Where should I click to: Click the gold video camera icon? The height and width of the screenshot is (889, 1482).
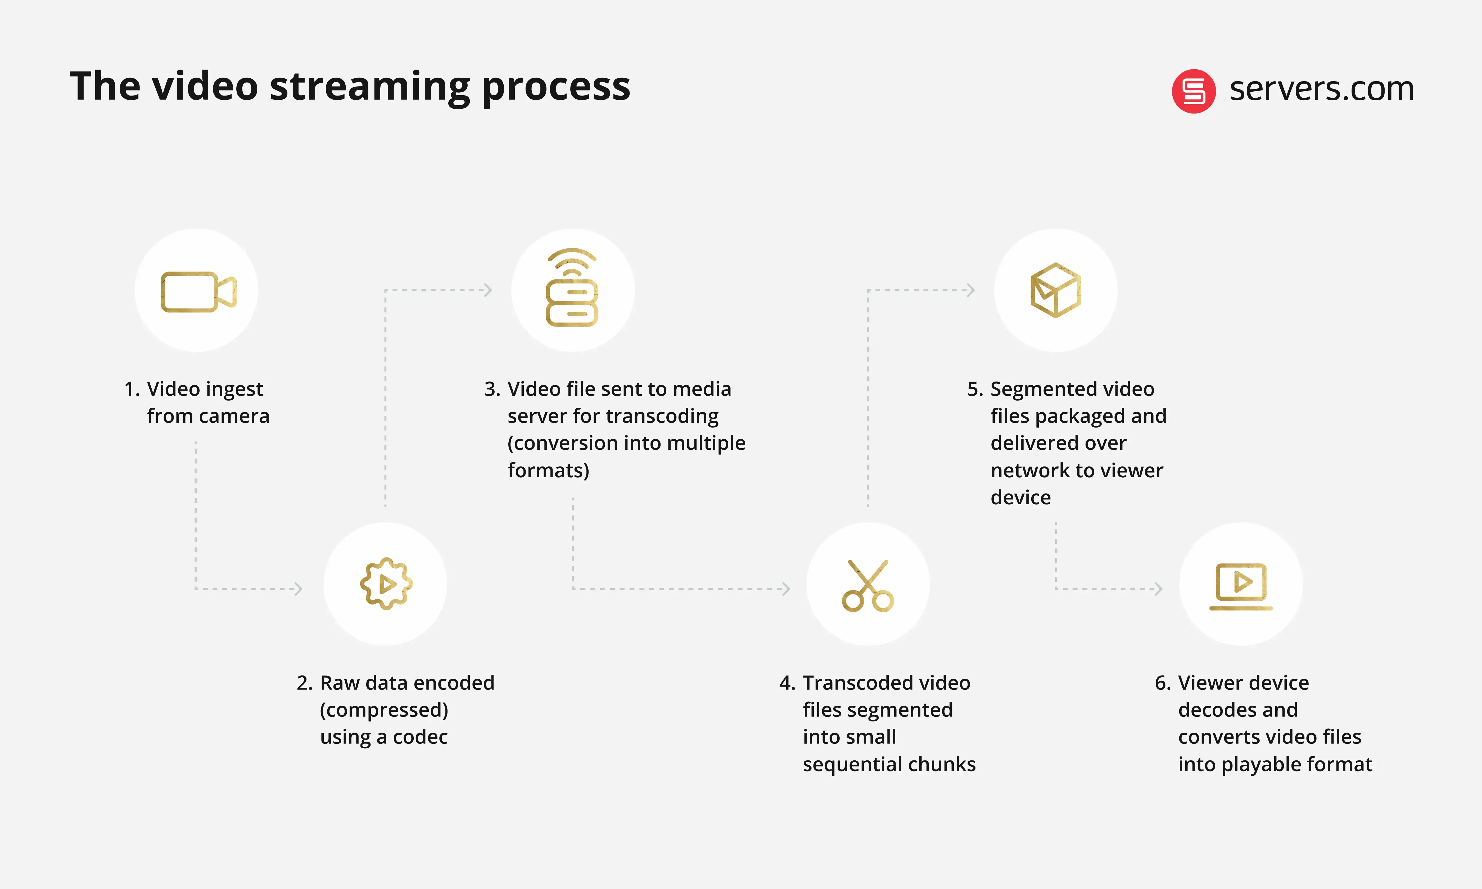click(x=198, y=292)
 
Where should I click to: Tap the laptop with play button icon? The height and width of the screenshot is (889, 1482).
click(x=1241, y=586)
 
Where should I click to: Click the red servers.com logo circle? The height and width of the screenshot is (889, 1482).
click(x=1193, y=91)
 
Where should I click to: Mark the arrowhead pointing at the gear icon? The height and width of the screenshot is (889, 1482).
click(x=298, y=589)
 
